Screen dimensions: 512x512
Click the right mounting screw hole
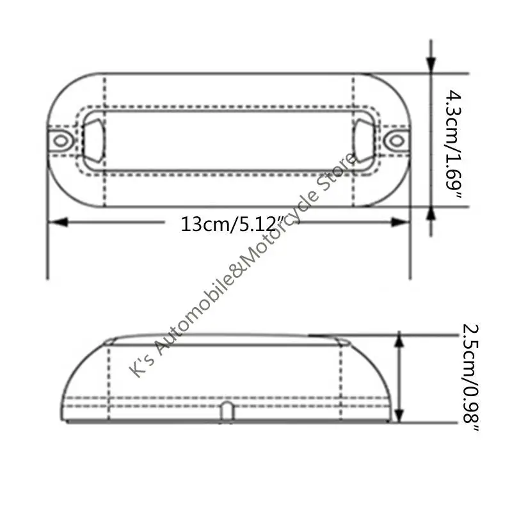pos(397,140)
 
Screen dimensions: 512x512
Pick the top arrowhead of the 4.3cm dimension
pos(431,64)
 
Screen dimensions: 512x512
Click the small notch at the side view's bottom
pos(226,412)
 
